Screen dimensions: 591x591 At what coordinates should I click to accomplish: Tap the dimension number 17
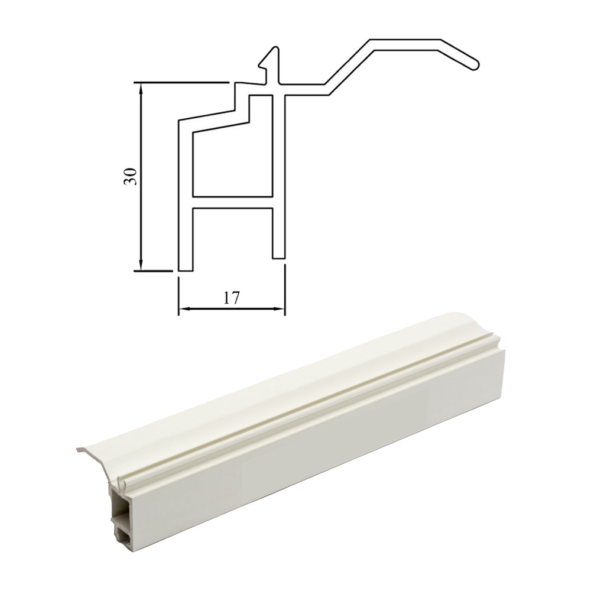pyautogui.click(x=231, y=298)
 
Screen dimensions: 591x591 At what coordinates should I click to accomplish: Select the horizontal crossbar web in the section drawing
pyautogui.click(x=232, y=202)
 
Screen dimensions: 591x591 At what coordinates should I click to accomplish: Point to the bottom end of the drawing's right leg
pyautogui.click(x=279, y=257)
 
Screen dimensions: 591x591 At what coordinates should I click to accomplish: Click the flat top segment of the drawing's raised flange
pyautogui.click(x=405, y=43)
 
